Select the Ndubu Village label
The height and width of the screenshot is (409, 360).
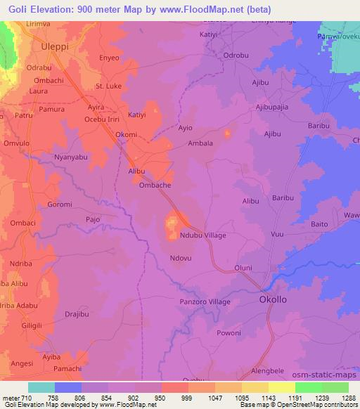point(203,235)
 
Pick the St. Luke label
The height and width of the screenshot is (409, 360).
point(109,86)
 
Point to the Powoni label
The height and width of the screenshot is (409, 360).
point(229,332)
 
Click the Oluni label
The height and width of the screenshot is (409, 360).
point(243,268)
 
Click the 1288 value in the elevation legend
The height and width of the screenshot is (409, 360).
point(349,396)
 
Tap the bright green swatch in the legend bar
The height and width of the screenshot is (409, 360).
point(308,387)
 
